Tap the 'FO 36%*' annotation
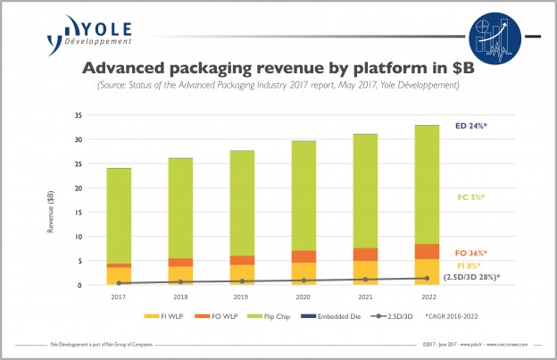(x=473, y=253)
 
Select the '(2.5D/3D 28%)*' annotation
(x=472, y=277)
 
